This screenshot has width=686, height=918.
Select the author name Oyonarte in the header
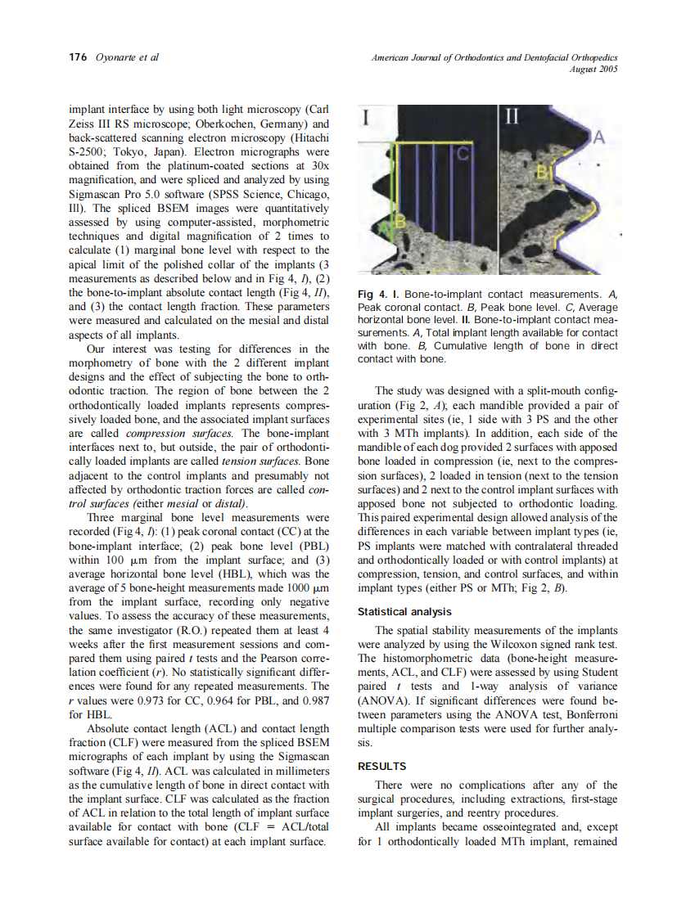click(116, 57)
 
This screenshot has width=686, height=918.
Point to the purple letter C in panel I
click(463, 153)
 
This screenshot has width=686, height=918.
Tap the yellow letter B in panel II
click(541, 173)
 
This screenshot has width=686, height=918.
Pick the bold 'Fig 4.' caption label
click(372, 294)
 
